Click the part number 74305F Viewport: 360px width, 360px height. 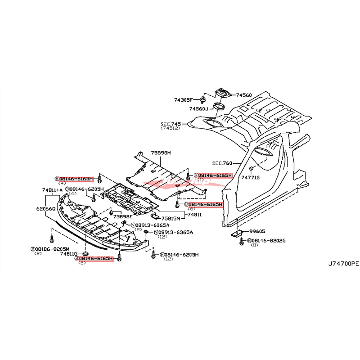(183, 99)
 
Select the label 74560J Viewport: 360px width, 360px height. (198, 109)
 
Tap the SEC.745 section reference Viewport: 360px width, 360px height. (170, 123)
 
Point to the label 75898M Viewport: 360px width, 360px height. (161, 153)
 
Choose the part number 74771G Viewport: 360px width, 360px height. (250, 177)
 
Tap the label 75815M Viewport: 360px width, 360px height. (171, 218)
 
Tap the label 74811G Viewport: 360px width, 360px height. (69, 254)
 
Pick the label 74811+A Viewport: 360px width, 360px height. (53, 190)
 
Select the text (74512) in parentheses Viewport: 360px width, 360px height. (169, 128)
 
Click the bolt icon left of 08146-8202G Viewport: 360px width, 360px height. (242, 242)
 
